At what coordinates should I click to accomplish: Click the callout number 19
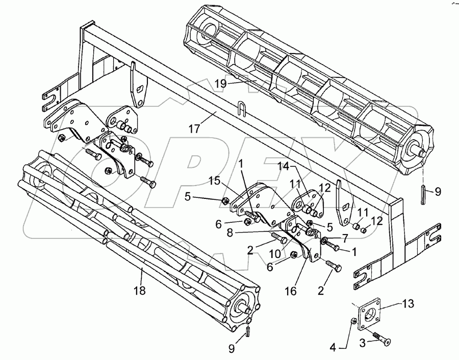tap(221, 84)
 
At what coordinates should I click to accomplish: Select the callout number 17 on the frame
tap(194, 128)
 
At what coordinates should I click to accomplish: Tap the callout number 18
tap(140, 291)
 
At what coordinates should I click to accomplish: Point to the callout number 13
tap(408, 303)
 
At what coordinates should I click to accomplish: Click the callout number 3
tap(363, 343)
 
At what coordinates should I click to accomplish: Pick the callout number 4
tap(333, 348)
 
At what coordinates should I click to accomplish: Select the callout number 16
tap(291, 291)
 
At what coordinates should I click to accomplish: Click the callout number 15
tap(214, 181)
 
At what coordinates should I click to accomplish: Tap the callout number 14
tap(284, 167)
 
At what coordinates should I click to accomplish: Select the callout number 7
tap(345, 239)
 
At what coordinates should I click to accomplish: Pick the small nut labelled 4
tap(353, 322)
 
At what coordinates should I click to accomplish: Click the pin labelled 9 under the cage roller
tap(424, 195)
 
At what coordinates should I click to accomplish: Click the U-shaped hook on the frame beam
tap(242, 109)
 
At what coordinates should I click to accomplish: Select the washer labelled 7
tap(324, 241)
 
